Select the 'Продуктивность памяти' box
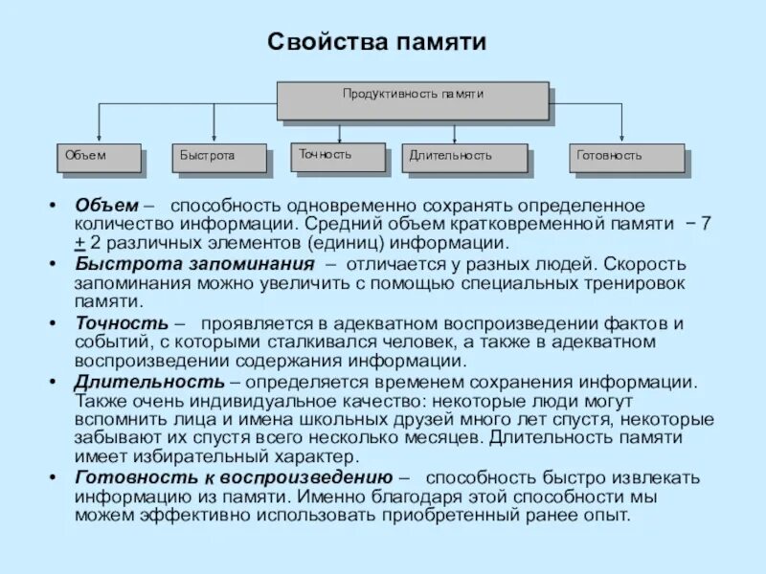click(x=413, y=99)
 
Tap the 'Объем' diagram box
click(x=99, y=158)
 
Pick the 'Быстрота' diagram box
click(x=221, y=158)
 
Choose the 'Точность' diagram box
click(x=338, y=157)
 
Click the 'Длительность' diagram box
click(x=464, y=158)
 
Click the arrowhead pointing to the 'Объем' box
click(x=100, y=140)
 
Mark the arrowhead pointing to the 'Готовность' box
click(x=621, y=140)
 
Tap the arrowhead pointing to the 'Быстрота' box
click(x=214, y=140)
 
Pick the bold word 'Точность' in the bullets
click(x=123, y=323)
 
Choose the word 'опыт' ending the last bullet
click(x=609, y=515)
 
